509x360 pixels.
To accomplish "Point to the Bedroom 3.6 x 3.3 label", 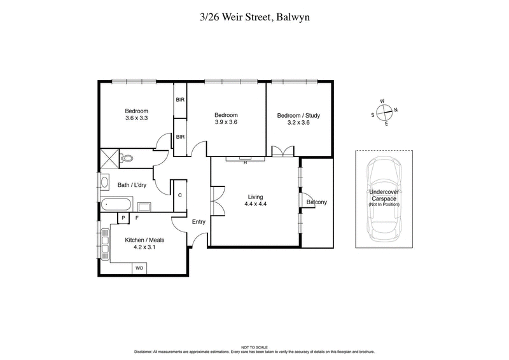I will [x=136, y=114].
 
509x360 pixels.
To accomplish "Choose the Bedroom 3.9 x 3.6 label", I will [x=225, y=118].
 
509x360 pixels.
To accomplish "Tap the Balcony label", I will [x=316, y=202].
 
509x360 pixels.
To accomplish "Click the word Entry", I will [x=199, y=222].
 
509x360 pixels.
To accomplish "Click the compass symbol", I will [x=384, y=113].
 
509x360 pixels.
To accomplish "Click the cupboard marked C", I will [x=180, y=195].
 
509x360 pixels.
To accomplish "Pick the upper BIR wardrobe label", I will [x=180, y=99].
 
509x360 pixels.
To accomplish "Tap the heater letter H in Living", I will [x=244, y=162].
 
